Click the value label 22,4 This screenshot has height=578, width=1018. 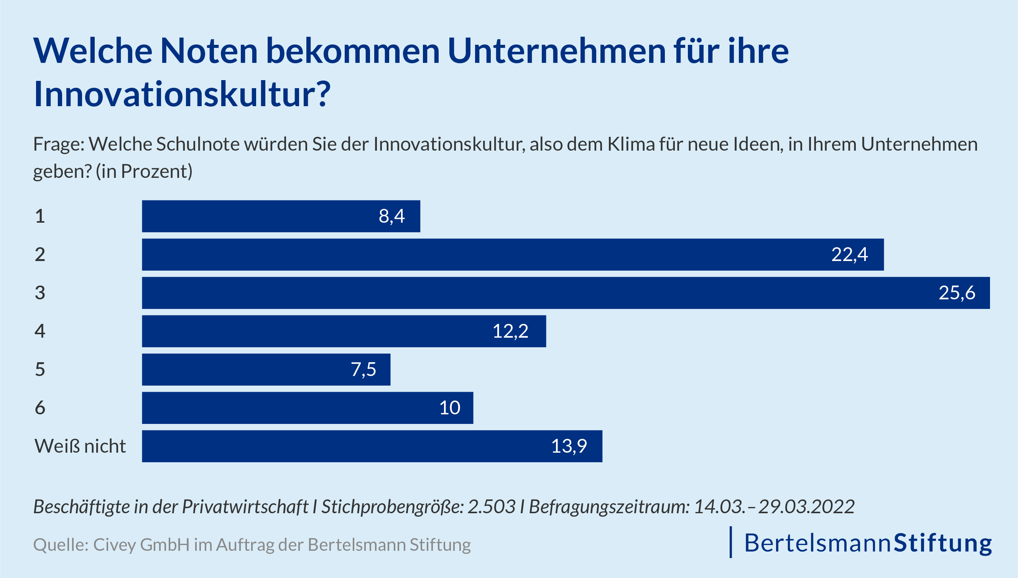click(849, 255)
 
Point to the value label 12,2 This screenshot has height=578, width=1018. click(510, 331)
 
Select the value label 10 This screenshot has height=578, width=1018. click(449, 408)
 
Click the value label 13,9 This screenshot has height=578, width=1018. click(569, 446)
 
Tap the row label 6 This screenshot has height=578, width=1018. click(40, 408)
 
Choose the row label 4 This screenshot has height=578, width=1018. click(40, 331)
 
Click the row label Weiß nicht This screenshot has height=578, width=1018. click(80, 446)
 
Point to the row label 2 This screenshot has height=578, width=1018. click(40, 255)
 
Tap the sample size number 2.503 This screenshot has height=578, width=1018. click(491, 507)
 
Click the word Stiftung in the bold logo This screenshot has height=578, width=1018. click(942, 543)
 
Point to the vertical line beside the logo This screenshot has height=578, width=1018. click(730, 542)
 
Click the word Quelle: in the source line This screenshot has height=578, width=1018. click(60, 545)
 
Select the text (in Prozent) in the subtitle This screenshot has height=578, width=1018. click(144, 171)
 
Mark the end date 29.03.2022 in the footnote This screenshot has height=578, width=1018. click(806, 507)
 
